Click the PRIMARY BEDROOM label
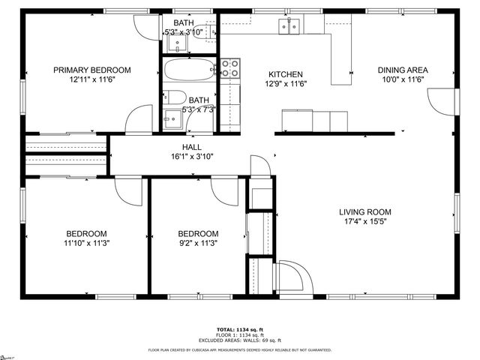pos(91,70)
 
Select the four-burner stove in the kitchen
pos(230,68)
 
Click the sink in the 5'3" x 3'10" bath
pos(180,43)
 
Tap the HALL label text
pos(191,147)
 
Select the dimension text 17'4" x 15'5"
pos(364,222)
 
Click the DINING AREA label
pos(402,70)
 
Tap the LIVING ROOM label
pos(364,212)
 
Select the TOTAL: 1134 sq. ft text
pos(239,329)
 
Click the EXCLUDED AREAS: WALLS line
pos(239,340)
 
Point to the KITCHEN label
pos(286,74)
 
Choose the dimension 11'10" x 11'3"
pos(85,243)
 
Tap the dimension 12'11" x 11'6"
pos(91,79)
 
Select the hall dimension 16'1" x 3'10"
pos(191,157)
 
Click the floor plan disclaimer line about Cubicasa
pos(239,349)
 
